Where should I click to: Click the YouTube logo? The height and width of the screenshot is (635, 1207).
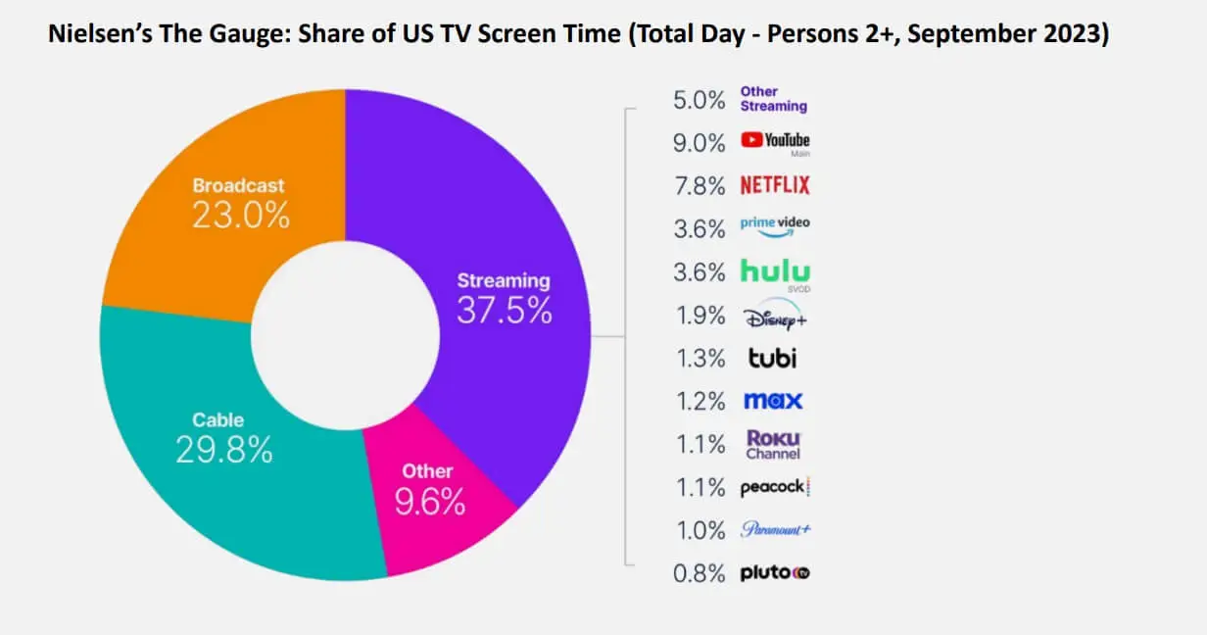tap(775, 142)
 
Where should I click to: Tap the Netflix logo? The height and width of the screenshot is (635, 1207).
tap(774, 185)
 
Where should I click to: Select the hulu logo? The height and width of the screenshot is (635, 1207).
tap(774, 271)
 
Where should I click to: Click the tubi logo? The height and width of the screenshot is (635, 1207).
tap(772, 358)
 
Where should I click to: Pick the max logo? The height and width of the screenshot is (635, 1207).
tap(772, 401)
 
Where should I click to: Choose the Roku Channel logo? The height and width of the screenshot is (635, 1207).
tap(773, 444)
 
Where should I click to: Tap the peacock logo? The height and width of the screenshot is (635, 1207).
tap(775, 488)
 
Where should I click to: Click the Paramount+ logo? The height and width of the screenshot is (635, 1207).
tap(775, 530)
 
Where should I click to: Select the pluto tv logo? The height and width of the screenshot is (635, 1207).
tap(774, 573)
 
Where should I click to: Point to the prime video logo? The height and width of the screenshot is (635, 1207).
tap(775, 226)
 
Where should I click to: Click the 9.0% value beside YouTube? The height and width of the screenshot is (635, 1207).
tap(699, 143)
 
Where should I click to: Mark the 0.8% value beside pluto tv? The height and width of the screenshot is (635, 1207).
tap(699, 574)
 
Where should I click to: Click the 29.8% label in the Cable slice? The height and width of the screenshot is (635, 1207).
tap(224, 449)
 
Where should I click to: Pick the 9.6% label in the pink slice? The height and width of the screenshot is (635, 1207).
tap(429, 502)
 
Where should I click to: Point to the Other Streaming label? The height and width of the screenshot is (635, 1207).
tap(773, 99)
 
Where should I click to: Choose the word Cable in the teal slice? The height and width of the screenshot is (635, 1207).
tap(218, 420)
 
